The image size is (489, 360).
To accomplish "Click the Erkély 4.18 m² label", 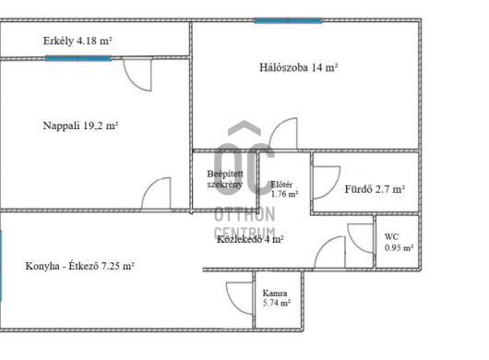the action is (x=78, y=41).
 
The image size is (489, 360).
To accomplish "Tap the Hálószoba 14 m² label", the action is (x=299, y=67).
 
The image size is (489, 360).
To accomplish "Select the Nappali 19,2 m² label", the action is (x=80, y=126).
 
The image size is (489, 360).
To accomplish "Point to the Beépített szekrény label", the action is (x=225, y=179).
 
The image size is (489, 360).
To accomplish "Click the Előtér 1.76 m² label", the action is (x=284, y=189).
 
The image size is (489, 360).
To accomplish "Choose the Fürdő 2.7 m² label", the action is (x=375, y=189).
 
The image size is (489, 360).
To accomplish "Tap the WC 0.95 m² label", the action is (x=399, y=243).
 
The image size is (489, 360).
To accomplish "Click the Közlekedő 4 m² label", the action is (x=250, y=239).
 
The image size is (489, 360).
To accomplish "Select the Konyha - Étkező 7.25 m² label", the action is (x=80, y=266).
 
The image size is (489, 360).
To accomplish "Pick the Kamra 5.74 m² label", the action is (x=277, y=298).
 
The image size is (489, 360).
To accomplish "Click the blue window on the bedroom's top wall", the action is (x=288, y=20).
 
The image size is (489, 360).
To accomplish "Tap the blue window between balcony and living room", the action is (x=78, y=58).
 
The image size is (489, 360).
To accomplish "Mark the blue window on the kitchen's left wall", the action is (x=1, y=266).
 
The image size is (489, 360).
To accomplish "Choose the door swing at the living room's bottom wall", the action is (x=150, y=186).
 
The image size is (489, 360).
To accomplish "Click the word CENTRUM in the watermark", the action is (x=244, y=233).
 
